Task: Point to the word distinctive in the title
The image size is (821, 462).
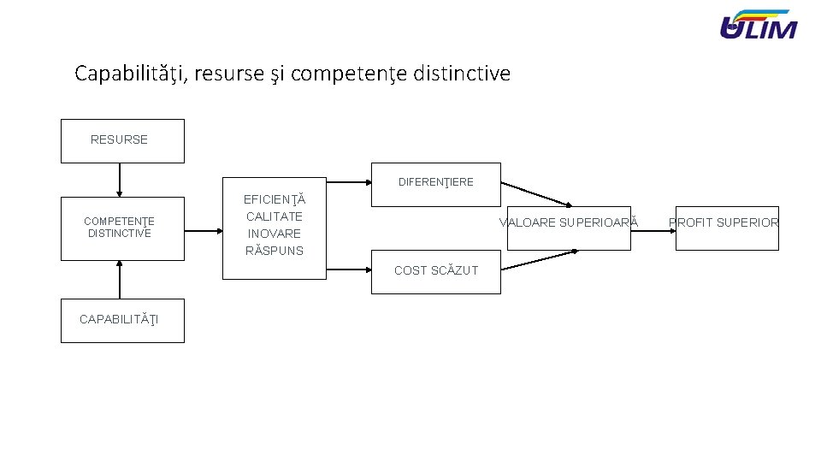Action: tap(461, 74)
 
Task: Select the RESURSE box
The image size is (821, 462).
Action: tap(121, 140)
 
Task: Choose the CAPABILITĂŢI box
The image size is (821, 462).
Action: tap(121, 320)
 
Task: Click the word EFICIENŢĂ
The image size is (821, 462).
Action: tap(274, 199)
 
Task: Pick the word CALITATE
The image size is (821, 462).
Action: tap(274, 216)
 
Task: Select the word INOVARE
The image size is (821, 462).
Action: tap(274, 234)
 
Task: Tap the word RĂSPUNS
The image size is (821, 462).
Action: tap(274, 251)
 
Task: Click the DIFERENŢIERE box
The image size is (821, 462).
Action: tap(435, 183)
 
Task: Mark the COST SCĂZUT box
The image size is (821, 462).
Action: tap(435, 271)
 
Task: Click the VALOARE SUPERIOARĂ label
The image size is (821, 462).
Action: tap(569, 223)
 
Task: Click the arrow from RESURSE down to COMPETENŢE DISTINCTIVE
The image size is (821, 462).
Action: tap(120, 180)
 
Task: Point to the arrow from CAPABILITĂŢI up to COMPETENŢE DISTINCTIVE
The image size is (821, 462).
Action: tap(120, 279)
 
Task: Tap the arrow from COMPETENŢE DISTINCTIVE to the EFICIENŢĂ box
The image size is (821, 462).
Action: tap(203, 230)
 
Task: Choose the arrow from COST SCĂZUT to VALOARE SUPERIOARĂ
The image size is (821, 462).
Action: tap(539, 259)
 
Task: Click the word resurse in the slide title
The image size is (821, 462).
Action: tap(229, 74)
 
